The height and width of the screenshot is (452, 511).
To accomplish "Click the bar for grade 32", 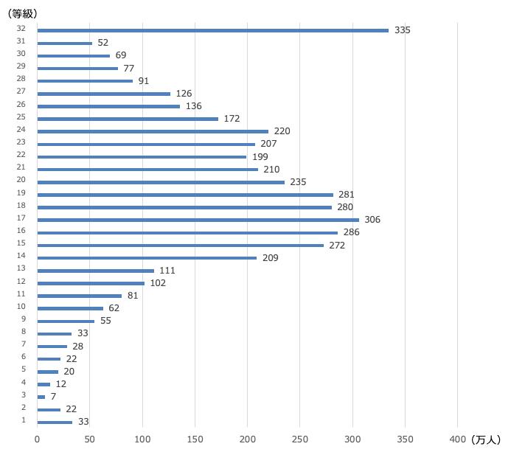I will (x=212, y=30).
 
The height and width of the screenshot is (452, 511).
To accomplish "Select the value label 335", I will (x=402, y=30).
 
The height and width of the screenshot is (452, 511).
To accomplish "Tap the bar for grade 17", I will (x=198, y=220).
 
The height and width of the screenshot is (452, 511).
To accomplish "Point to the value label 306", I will (x=372, y=220).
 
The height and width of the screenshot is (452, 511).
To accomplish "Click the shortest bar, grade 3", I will (x=41, y=397).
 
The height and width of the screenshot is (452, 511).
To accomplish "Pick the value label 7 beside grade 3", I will (x=52, y=397).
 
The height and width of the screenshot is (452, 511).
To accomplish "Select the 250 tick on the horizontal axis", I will (x=300, y=439).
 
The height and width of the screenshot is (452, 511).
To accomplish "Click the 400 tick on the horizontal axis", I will (x=458, y=439).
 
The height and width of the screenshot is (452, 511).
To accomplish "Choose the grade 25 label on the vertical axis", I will (x=21, y=118).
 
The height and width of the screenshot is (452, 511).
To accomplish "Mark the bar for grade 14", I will (x=147, y=257).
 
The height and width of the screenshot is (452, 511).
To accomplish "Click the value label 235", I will (x=298, y=182).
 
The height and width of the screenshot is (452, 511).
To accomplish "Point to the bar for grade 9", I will (x=66, y=321).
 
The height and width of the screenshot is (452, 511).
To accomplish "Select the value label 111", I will (x=167, y=271).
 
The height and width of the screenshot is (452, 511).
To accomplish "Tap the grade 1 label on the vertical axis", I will (x=24, y=420).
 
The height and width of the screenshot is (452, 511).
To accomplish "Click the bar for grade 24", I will (x=153, y=131).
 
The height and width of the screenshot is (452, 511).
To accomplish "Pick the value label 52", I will (x=102, y=43).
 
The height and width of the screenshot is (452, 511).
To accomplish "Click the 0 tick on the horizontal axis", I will (x=37, y=439).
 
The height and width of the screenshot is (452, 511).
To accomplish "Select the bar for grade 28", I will (x=85, y=81).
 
